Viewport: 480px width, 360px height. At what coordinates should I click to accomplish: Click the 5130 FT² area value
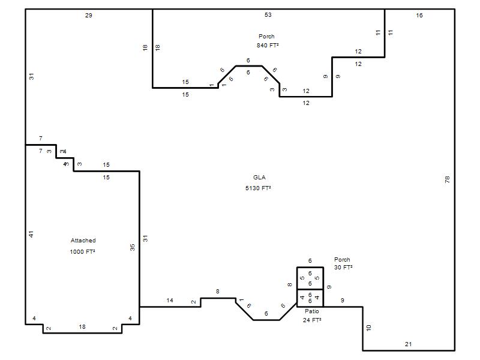pos(258,188)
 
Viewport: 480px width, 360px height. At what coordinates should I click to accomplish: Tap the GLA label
pos(259,177)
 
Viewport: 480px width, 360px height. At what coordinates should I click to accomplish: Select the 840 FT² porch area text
pos(268,46)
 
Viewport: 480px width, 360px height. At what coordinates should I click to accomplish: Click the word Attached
pos(83,241)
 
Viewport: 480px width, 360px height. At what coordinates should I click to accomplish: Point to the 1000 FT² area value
pos(82,251)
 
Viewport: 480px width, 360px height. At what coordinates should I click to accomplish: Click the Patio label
pos(311,311)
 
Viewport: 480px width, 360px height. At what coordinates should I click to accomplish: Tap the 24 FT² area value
pos(312,320)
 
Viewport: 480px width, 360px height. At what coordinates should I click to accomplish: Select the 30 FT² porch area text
pos(343,267)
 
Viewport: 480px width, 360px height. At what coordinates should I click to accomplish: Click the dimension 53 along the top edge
pos(268,14)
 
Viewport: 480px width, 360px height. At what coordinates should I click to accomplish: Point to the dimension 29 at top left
pos(88,15)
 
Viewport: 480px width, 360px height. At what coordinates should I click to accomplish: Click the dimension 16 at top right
pos(419,15)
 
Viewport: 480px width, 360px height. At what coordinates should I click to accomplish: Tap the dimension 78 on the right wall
pos(447,179)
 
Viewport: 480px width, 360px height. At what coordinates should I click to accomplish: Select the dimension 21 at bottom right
pos(408,344)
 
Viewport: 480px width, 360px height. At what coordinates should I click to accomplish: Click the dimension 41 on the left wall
pos(31,234)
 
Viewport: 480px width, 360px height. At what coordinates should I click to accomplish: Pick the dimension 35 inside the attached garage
pos(132,247)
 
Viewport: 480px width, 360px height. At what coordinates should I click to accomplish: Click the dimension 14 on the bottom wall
pos(170,301)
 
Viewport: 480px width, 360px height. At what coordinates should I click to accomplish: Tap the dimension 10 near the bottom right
pos(368,328)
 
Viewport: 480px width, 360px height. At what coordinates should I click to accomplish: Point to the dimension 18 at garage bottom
pos(82,326)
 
